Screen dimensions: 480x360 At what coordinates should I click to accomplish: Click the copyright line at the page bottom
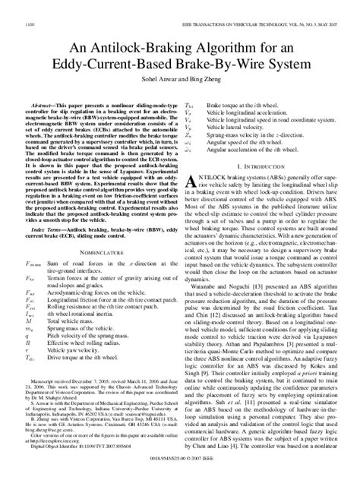[179, 469]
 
